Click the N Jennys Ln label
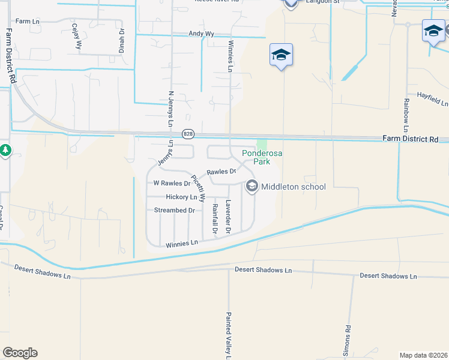(x=171, y=109)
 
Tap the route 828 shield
(x=188, y=134)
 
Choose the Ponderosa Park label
(x=262, y=157)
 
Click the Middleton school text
(x=294, y=187)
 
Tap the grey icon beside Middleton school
(x=252, y=187)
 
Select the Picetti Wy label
(x=199, y=188)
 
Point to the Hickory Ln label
(x=181, y=197)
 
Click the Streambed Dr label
(x=175, y=211)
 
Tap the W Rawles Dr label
(x=172, y=184)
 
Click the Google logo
(x=20, y=353)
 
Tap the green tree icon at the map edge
(x=5, y=150)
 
